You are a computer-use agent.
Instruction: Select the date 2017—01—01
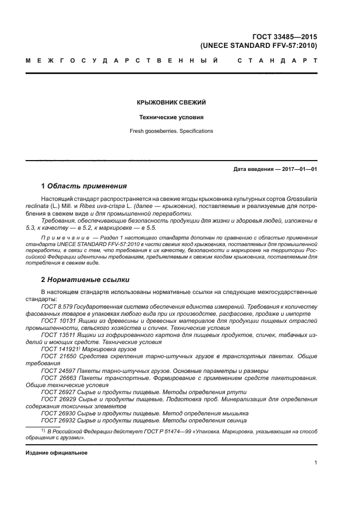[x=298, y=169]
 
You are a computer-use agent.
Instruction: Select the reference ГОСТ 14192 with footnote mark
[x=58, y=349]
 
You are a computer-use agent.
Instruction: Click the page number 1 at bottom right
[x=315, y=463]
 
